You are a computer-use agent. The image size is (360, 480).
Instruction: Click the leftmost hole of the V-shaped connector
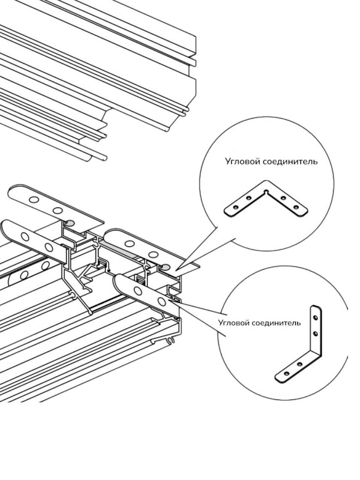pyautogui.click(x=235, y=207)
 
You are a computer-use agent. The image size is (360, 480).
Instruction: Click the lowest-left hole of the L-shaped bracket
pyautogui.click(x=287, y=373)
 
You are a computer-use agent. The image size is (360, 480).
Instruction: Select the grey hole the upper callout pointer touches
pyautogui.click(x=165, y=267)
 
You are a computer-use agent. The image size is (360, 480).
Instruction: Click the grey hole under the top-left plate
pyautogui.click(x=70, y=223)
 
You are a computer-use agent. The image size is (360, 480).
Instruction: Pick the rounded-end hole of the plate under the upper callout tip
pyautogui.click(x=129, y=243)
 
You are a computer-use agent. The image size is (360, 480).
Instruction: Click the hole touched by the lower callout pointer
pyautogui.click(x=162, y=301)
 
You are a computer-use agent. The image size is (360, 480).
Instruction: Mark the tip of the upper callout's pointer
pyautogui.click(x=176, y=269)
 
